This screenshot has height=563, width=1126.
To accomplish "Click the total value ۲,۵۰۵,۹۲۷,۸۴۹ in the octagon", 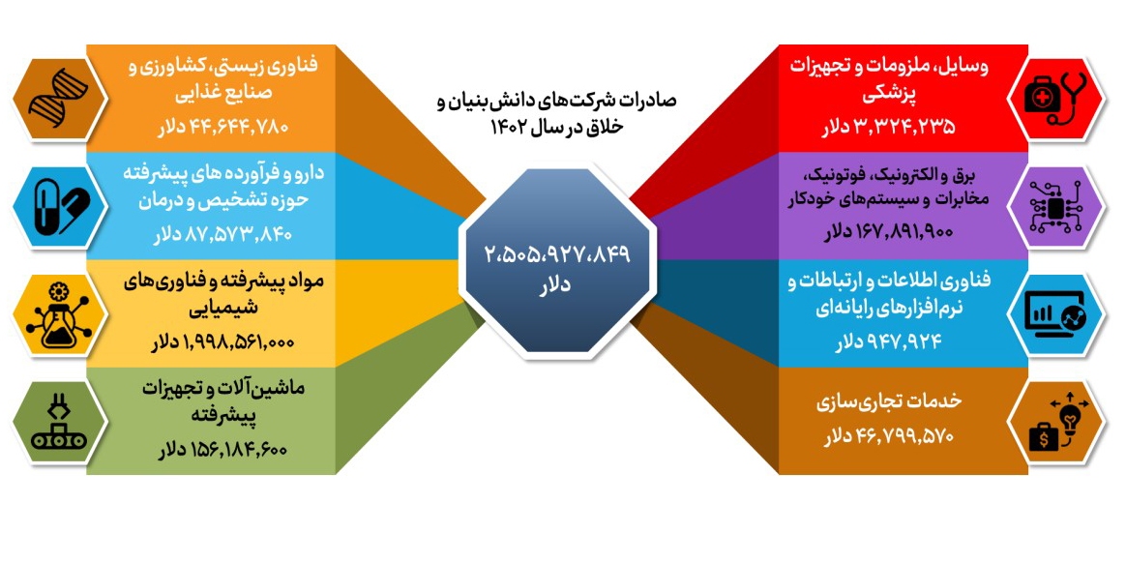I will pyautogui.click(x=557, y=254).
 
